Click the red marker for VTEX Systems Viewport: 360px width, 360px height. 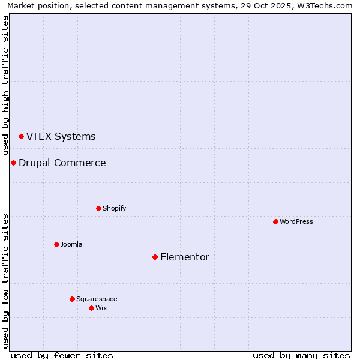tap(21, 137)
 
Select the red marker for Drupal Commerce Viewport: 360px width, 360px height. tap(13, 163)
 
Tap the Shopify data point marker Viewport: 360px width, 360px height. tap(98, 209)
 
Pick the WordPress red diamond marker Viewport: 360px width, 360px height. tap(275, 222)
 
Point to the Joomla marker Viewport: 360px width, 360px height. tap(56, 245)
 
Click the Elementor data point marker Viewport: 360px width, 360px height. tap(155, 257)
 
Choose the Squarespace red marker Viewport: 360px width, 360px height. tap(72, 299)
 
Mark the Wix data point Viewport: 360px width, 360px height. tap(91, 308)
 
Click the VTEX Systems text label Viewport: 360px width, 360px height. tap(61, 137)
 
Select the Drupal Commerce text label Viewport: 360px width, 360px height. tap(62, 163)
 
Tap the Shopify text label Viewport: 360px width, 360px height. tap(114, 209)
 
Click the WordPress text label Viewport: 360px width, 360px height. tap(296, 222)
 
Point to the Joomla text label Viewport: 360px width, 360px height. tap(71, 245)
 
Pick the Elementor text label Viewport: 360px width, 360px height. tap(185, 257)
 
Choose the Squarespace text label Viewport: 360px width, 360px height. tap(97, 299)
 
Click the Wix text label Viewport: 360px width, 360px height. tap(101, 308)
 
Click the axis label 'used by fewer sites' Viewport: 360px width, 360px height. tap(62, 356)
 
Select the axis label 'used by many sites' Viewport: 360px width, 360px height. tap(301, 356)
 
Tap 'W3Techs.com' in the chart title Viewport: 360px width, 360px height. tap(326, 6)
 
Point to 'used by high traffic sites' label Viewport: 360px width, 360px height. tap(6, 85)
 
